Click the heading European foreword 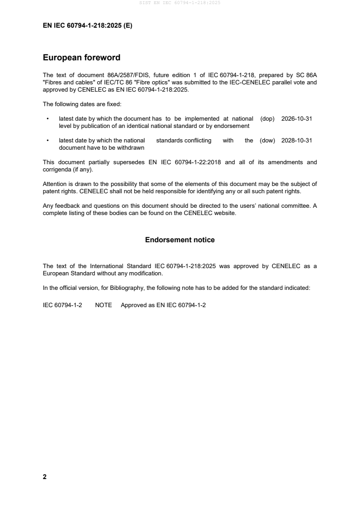(81, 58)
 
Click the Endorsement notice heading (180, 240)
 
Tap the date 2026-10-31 (297, 119)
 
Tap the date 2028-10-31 (297, 141)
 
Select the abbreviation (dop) (268, 119)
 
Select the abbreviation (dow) (268, 141)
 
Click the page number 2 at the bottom (44, 477)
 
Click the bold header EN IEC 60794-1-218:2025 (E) (88, 26)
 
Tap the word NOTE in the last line (104, 305)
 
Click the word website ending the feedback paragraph (225, 213)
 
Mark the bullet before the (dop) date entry (48, 119)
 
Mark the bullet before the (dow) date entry (48, 141)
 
